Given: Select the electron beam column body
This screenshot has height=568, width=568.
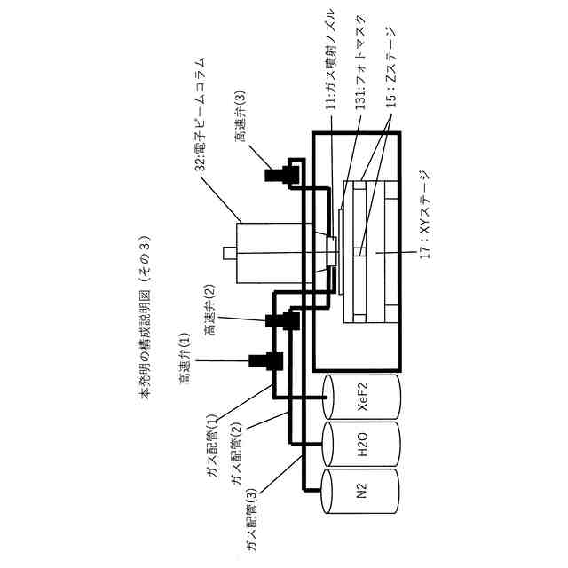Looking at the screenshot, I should tap(266, 254).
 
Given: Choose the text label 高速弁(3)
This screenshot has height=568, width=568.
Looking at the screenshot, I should tap(241, 114).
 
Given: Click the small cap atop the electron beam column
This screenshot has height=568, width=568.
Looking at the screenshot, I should tap(228, 254).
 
